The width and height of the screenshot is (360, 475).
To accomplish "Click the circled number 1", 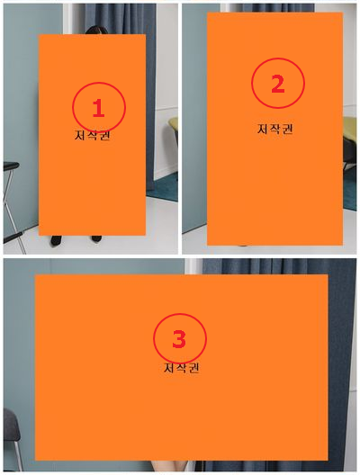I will click(x=98, y=108).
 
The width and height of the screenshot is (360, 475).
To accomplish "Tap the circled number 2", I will click(x=277, y=84).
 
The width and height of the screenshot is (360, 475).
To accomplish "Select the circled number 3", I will click(x=179, y=339).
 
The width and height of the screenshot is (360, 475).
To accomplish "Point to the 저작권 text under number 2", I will click(x=275, y=129).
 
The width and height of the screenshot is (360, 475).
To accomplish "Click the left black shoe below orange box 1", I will click(x=56, y=240).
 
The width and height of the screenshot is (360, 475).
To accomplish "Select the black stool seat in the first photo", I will click(x=10, y=166).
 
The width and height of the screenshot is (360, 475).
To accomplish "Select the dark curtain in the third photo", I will click(x=342, y=360).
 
